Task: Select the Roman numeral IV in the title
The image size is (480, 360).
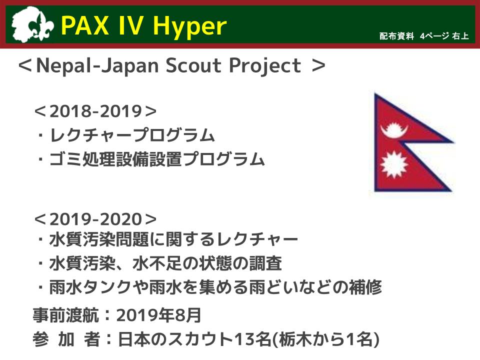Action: coord(130,25)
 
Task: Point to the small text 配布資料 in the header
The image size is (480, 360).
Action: coord(396,36)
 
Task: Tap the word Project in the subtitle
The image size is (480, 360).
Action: coord(265,66)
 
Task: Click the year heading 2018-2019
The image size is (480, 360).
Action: coord(95,111)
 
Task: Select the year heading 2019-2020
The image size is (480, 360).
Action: coord(95,219)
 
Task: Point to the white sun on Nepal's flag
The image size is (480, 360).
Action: coord(394,164)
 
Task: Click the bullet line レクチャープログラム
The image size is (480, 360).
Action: coord(132,135)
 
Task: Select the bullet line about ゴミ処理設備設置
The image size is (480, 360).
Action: coord(157,159)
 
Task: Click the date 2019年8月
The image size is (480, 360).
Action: coord(158,315)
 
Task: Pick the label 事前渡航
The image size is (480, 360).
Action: coord(66,315)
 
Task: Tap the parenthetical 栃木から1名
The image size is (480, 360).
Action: coord(326,339)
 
